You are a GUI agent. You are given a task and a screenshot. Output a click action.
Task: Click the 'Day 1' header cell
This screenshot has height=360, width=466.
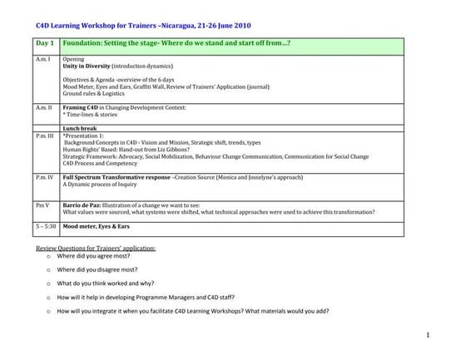click(46, 42)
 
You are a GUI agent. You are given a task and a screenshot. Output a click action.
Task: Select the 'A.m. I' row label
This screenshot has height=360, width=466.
click(44, 60)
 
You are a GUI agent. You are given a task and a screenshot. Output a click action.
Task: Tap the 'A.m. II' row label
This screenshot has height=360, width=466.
click(45, 108)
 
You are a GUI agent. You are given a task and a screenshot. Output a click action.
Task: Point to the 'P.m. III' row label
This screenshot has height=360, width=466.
click(46, 134)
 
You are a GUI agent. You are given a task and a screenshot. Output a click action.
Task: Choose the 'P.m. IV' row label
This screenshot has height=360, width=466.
click(46, 178)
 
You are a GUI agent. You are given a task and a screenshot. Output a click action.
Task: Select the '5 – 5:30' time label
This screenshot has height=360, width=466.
click(47, 225)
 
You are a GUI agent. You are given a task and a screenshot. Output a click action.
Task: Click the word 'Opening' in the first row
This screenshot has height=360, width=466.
click(73, 60)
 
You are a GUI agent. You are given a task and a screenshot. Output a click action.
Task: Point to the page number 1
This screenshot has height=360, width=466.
click(426, 334)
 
